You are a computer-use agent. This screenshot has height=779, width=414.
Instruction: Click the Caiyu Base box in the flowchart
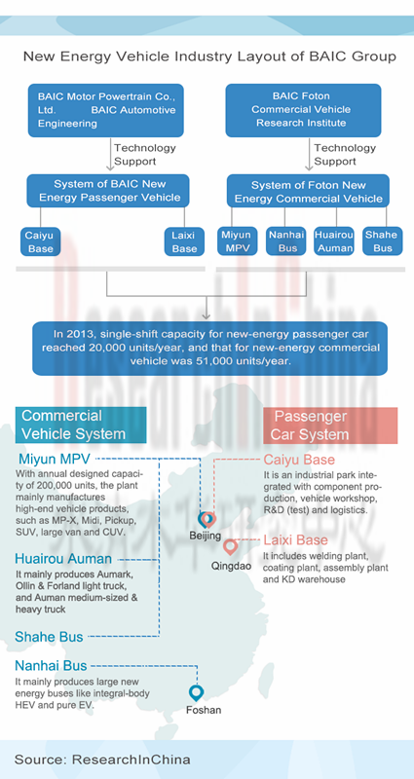click(x=41, y=241)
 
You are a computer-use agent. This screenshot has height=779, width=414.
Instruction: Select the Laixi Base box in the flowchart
click(x=184, y=241)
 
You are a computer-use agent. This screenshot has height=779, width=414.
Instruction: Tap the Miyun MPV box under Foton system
click(x=238, y=241)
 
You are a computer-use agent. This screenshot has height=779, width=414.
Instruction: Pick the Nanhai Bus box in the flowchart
click(x=285, y=241)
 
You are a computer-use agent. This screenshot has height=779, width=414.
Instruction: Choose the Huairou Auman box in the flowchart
click(x=334, y=241)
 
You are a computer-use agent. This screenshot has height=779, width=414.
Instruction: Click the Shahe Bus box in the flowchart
click(x=382, y=241)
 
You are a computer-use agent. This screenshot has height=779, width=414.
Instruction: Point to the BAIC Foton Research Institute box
click(x=303, y=110)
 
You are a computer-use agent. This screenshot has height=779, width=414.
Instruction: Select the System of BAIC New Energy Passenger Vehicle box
click(x=108, y=191)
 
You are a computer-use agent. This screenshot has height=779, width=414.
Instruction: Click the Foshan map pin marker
click(x=197, y=693)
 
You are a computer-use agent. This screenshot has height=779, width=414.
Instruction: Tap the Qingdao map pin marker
click(x=230, y=547)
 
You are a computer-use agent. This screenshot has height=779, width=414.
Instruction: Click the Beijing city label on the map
click(x=205, y=536)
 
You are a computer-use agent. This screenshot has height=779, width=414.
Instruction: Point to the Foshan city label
click(x=204, y=710)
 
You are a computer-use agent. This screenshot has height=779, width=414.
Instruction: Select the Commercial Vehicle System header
click(x=81, y=426)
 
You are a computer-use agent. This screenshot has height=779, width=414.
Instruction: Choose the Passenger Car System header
click(x=330, y=426)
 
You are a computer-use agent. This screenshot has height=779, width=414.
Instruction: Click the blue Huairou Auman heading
click(x=63, y=559)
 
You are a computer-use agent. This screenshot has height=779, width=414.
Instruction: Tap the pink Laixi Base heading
click(x=296, y=540)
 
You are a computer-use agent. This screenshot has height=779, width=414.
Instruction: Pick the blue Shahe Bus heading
click(x=50, y=637)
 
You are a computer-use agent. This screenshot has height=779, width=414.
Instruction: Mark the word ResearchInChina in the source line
click(x=132, y=760)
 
